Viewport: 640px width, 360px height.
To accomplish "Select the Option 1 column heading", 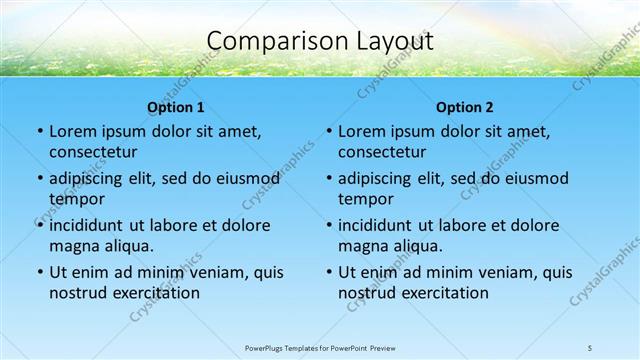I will [x=176, y=107].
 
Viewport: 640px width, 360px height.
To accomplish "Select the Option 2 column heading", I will [x=465, y=107].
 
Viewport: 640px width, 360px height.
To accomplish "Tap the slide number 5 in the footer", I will [x=590, y=348].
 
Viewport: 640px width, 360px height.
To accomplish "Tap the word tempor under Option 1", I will [x=73, y=199].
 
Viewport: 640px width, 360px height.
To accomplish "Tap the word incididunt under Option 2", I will [x=382, y=225].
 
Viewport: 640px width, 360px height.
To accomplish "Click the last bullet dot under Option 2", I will [x=328, y=272].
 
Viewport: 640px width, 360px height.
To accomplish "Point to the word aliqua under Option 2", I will [x=416, y=246].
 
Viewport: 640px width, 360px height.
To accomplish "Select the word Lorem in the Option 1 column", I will [x=72, y=131].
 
